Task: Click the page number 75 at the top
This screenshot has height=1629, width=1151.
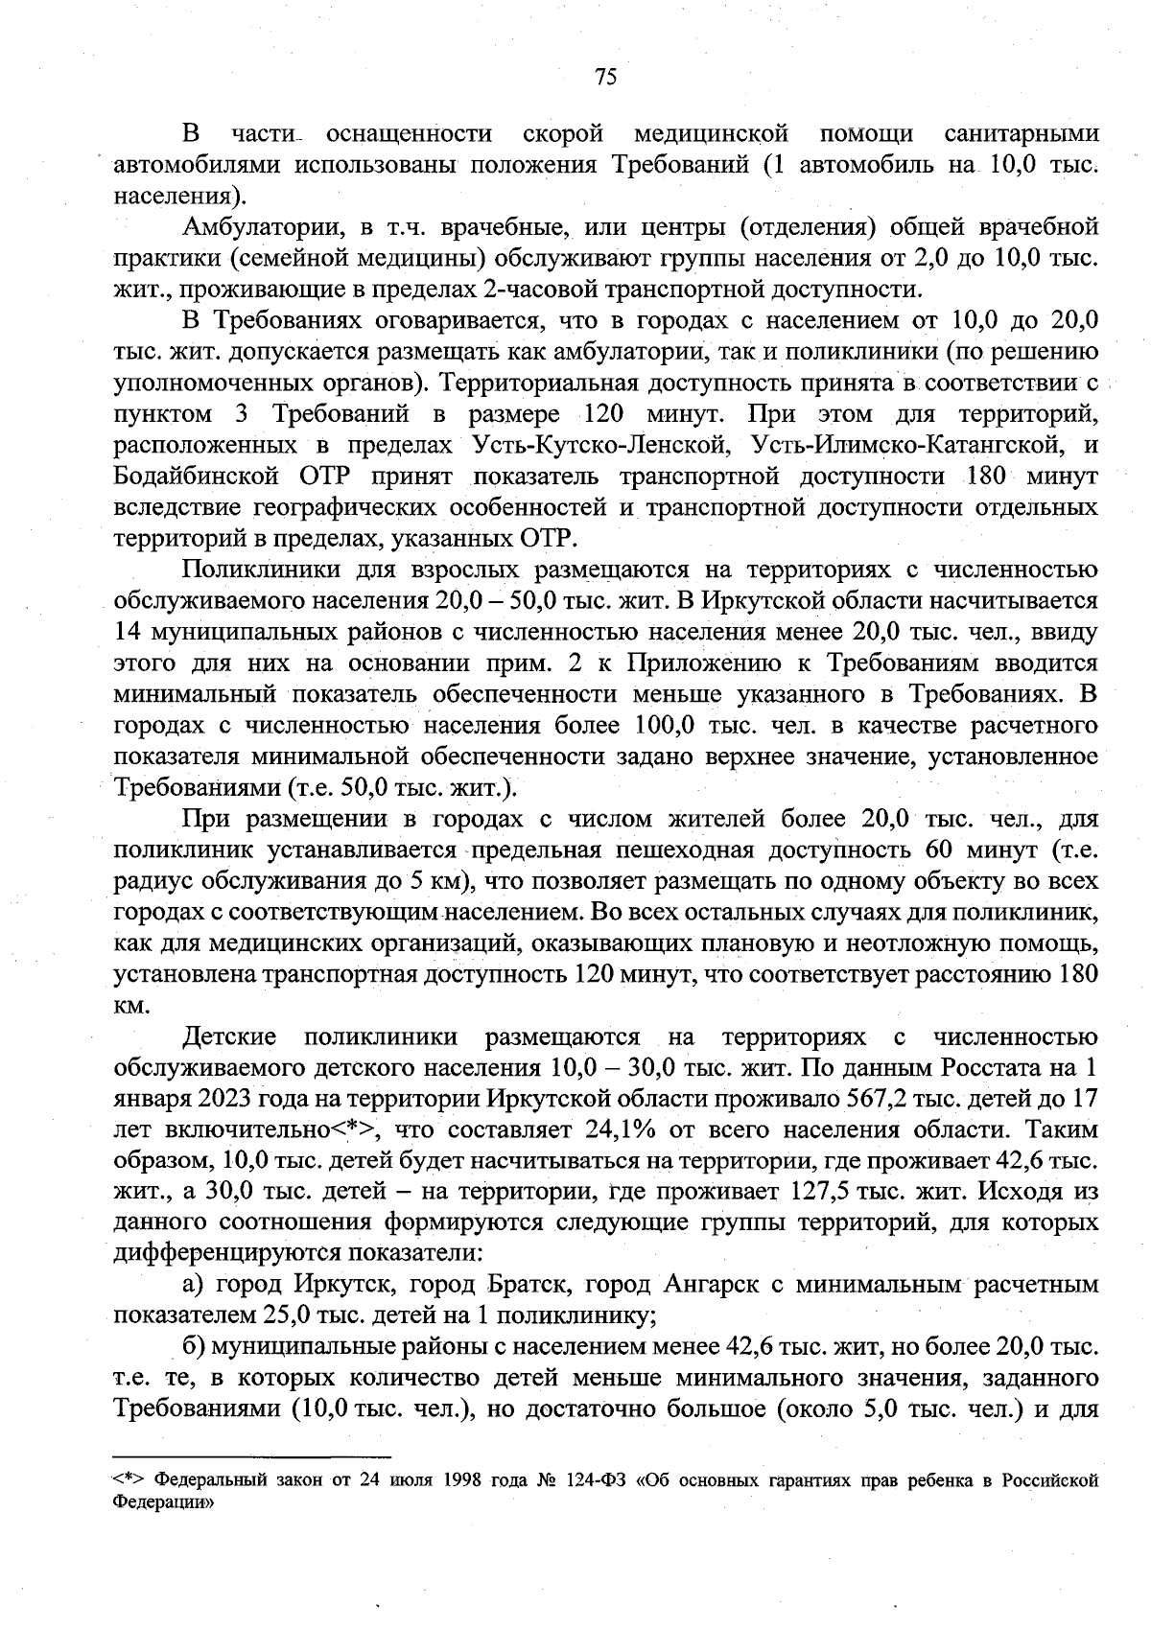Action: point(605,78)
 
